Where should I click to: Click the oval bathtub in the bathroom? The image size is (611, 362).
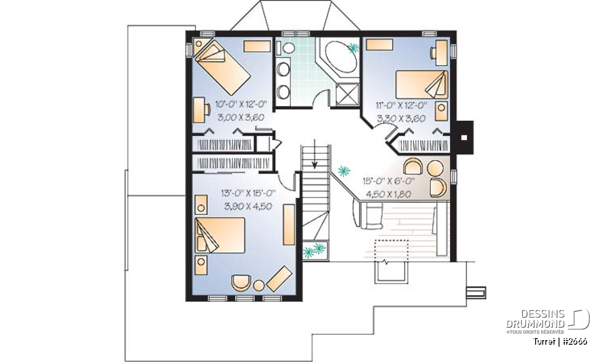pyautogui.click(x=341, y=57)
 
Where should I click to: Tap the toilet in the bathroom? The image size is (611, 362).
pyautogui.click(x=286, y=48)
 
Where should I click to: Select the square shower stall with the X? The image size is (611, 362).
pyautogui.click(x=347, y=94)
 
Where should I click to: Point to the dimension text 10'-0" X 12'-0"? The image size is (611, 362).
pyautogui.click(x=241, y=104)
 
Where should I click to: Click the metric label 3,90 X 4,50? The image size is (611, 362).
pyautogui.click(x=248, y=206)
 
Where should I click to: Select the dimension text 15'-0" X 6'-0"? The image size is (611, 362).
pyautogui.click(x=388, y=181)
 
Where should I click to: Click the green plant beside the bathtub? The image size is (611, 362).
pyautogui.click(x=354, y=48)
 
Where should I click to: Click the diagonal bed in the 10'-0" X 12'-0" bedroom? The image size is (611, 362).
pyautogui.click(x=223, y=67)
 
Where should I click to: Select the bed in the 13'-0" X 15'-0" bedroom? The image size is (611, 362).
pyautogui.click(x=220, y=235)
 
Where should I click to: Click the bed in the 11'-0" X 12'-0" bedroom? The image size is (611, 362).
pyautogui.click(x=422, y=85)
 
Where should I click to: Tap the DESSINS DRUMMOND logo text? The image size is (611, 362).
pyautogui.click(x=535, y=319)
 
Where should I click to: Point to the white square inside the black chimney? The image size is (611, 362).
pyautogui.click(x=464, y=137)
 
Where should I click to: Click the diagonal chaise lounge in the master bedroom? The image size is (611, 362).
pyautogui.click(x=279, y=279)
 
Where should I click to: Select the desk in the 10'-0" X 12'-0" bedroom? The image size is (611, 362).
pyautogui.click(x=200, y=110)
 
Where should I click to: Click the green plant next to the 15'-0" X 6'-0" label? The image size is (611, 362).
pyautogui.click(x=344, y=171)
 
